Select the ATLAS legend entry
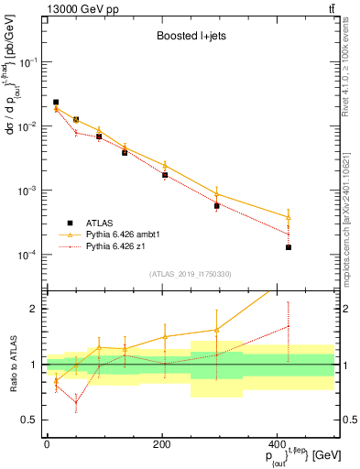(96, 223)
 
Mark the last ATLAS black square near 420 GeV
(289, 247)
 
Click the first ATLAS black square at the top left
(56, 103)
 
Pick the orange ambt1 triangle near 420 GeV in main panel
(289, 217)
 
